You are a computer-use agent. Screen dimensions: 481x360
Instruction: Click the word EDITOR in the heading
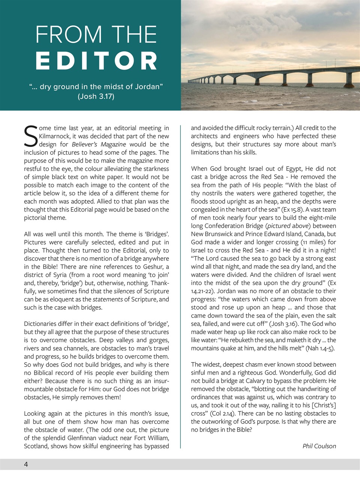96,61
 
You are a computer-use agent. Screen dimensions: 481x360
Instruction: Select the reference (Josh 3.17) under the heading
96,97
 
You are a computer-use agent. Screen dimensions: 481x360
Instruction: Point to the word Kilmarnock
55,136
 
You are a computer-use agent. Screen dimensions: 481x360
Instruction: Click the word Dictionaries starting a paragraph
42,324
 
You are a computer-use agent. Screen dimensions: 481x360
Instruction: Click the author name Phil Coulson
319,446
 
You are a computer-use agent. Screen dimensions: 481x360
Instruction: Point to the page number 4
26,464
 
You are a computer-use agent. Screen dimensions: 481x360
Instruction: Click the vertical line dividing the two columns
181,286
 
